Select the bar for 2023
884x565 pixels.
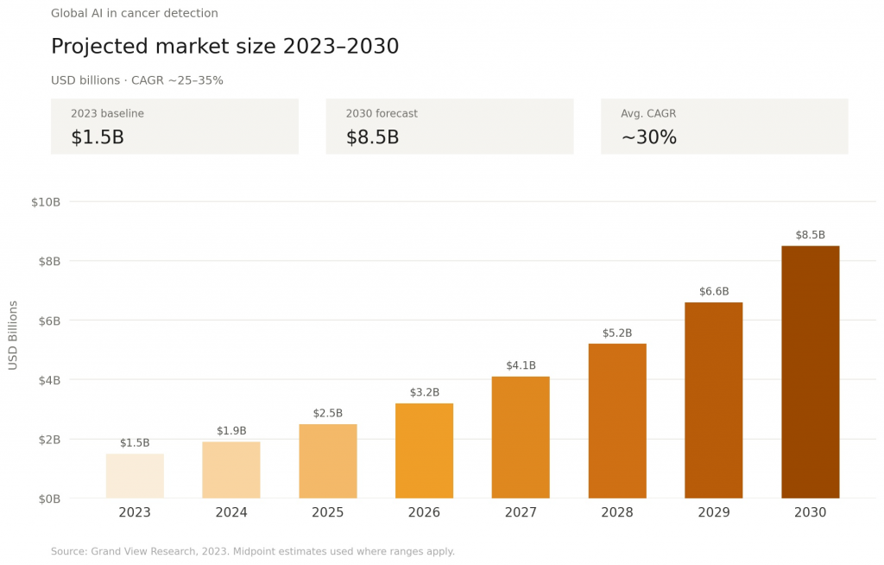click(135, 476)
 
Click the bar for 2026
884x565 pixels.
click(424, 451)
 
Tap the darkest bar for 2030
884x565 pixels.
click(810, 372)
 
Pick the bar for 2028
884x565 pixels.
click(617, 421)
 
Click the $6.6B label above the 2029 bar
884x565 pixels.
click(713, 292)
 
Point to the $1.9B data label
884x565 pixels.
click(231, 431)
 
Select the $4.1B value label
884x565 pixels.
click(521, 365)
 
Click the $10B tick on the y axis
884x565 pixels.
click(46, 202)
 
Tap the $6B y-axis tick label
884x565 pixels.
click(47, 321)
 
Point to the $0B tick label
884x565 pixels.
click(47, 498)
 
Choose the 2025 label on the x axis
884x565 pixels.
click(328, 513)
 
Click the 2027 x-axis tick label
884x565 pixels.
click(521, 513)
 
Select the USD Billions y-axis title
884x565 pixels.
click(13, 335)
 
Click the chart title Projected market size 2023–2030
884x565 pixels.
click(224, 47)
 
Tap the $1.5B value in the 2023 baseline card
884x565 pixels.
click(98, 137)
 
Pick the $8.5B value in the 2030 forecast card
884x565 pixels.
click(372, 137)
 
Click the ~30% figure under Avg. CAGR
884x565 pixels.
click(648, 137)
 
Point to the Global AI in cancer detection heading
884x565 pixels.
click(135, 14)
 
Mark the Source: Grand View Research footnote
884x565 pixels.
click(252, 551)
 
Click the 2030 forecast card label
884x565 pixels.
click(382, 114)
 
